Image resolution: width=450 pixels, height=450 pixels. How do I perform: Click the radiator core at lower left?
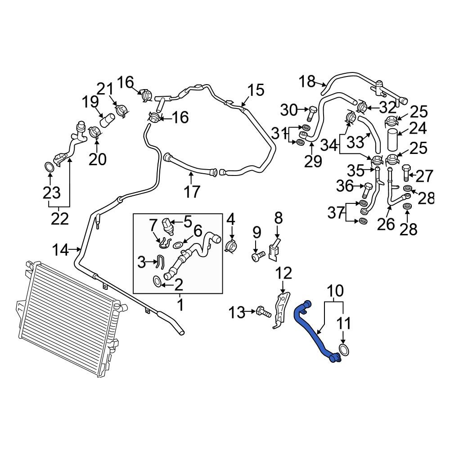69,319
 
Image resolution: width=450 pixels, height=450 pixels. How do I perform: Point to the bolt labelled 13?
263,312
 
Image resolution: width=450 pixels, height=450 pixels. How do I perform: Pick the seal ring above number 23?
49,167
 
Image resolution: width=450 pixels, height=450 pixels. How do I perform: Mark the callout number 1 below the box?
180,305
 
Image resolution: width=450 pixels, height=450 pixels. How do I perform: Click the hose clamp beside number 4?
231,246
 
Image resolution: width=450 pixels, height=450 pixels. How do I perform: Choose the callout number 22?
60,219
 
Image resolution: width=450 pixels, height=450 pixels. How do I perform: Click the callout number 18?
307,81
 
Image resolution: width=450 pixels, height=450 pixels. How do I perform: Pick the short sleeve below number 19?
107,120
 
